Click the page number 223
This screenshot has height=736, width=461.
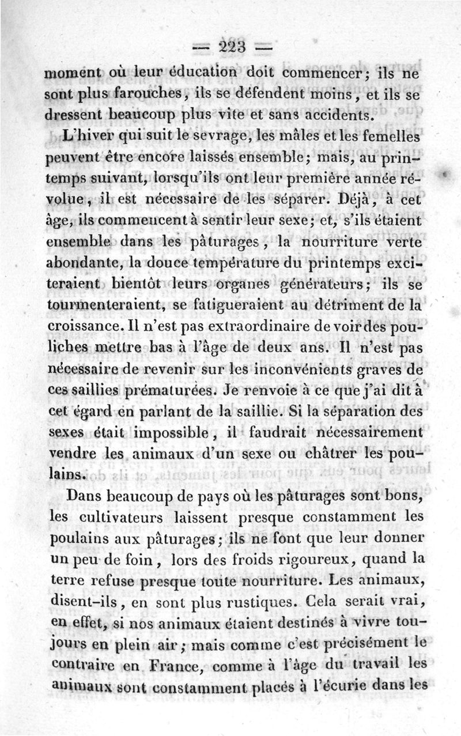[230, 46]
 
